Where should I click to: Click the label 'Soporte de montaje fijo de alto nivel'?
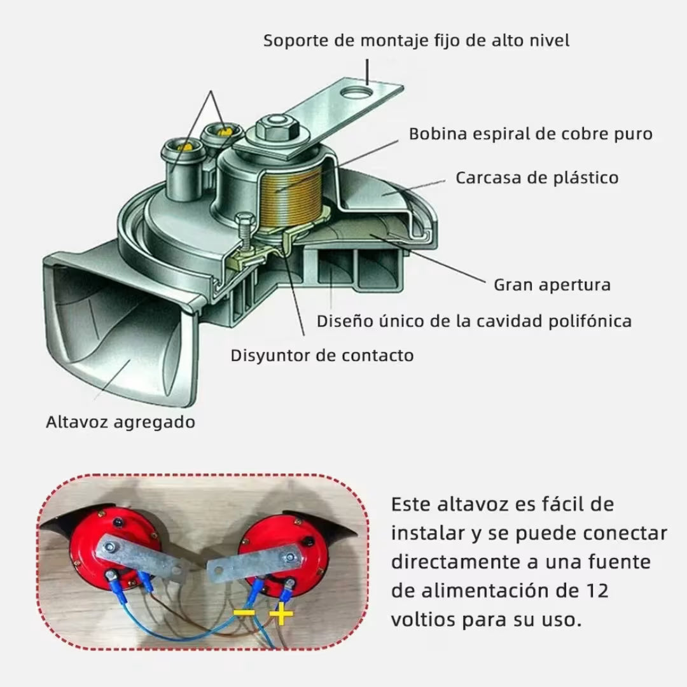tap(416, 41)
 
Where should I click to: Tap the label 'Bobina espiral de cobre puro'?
tap(531, 134)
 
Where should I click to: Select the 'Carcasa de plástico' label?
tap(537, 177)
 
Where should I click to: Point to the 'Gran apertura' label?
tap(552, 284)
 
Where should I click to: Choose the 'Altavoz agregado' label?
tap(120, 422)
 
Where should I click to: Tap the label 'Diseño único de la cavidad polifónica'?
tap(474, 321)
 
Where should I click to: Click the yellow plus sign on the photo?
tap(281, 614)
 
